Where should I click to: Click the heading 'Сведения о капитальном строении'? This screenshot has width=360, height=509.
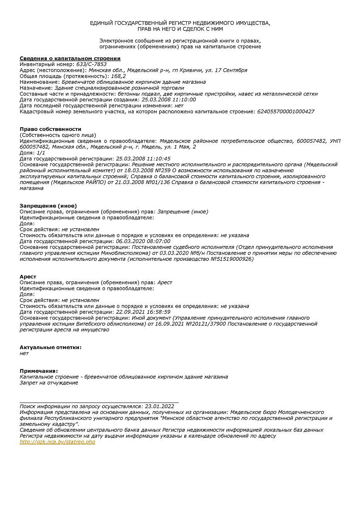pos(70,58)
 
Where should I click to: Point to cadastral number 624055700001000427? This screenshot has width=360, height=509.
pos(286,112)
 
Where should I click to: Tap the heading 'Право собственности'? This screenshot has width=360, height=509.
pos(51,129)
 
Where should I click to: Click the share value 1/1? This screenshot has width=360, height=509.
pos(41,153)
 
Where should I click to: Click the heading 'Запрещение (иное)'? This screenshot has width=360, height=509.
pos(48,206)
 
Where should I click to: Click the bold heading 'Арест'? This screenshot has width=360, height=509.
pos(28,277)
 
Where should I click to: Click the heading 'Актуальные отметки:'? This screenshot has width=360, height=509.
pos(51,347)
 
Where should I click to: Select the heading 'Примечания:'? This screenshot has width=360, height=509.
pos(39,371)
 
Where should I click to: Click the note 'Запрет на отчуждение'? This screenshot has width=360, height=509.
pos(49,383)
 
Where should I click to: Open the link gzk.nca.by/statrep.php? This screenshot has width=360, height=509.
pos(57,442)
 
